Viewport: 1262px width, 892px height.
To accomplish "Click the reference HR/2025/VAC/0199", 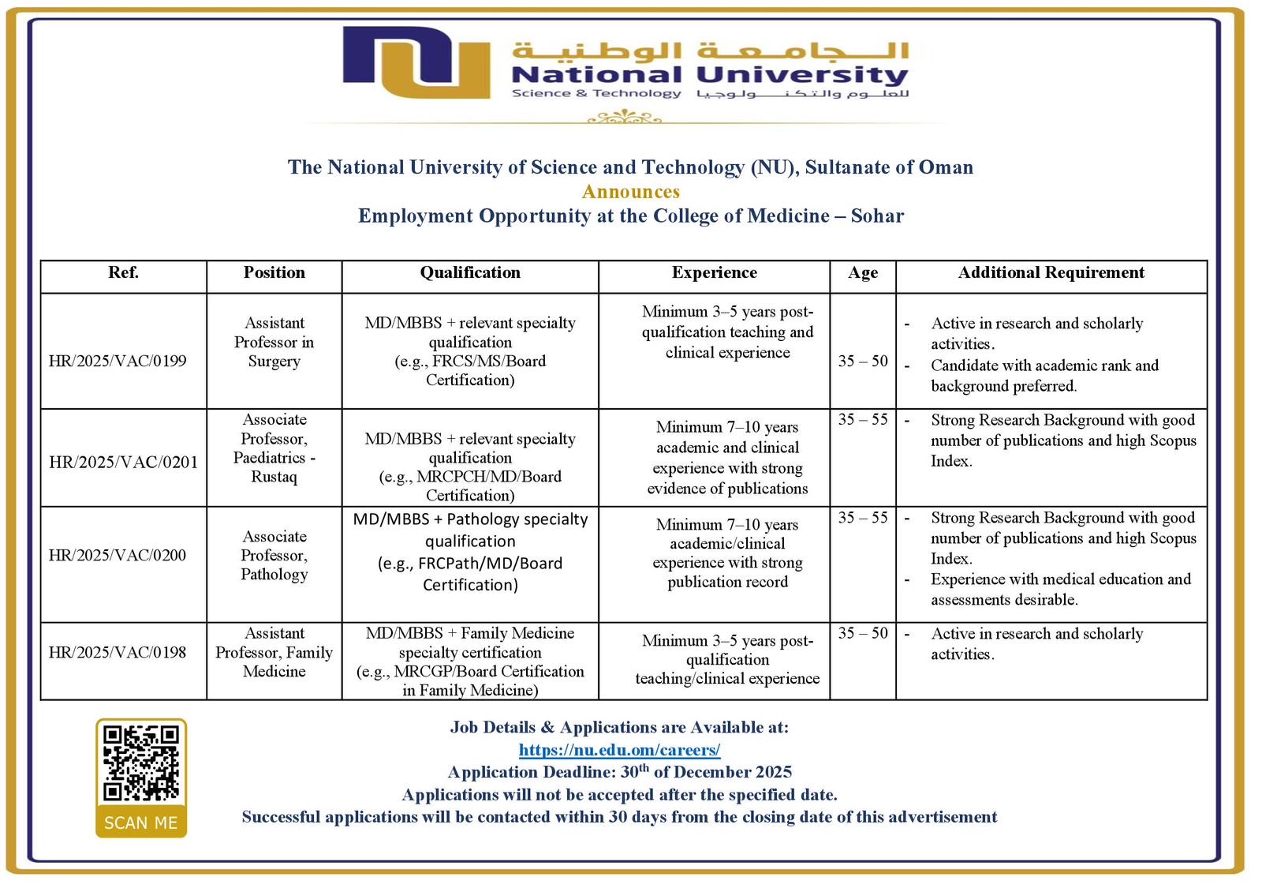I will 118,361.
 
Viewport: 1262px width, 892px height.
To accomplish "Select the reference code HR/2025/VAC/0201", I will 123,462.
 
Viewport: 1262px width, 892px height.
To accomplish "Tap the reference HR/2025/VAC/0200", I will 118,555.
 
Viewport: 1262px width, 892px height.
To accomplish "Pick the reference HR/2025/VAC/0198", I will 118,652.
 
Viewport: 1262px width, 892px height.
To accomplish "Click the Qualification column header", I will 470,272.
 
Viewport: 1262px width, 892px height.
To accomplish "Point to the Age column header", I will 863,272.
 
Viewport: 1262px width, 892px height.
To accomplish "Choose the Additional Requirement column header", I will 1051,272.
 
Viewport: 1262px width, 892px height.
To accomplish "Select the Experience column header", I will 714,272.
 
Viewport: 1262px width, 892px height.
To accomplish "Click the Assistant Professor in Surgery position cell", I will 274,342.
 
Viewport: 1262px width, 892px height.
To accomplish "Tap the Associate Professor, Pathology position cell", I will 274,555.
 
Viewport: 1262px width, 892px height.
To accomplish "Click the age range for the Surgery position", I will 863,361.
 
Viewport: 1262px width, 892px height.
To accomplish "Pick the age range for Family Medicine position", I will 863,633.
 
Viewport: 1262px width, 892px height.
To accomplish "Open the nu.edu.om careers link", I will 619,750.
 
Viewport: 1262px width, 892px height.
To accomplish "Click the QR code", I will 141,763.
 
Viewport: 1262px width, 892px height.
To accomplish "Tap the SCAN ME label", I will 141,823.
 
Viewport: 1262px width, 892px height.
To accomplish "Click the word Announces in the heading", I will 631,192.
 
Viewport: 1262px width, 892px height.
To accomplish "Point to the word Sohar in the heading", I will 877,216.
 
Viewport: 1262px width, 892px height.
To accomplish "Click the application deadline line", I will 619,772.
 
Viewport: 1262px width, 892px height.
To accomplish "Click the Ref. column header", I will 123,272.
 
